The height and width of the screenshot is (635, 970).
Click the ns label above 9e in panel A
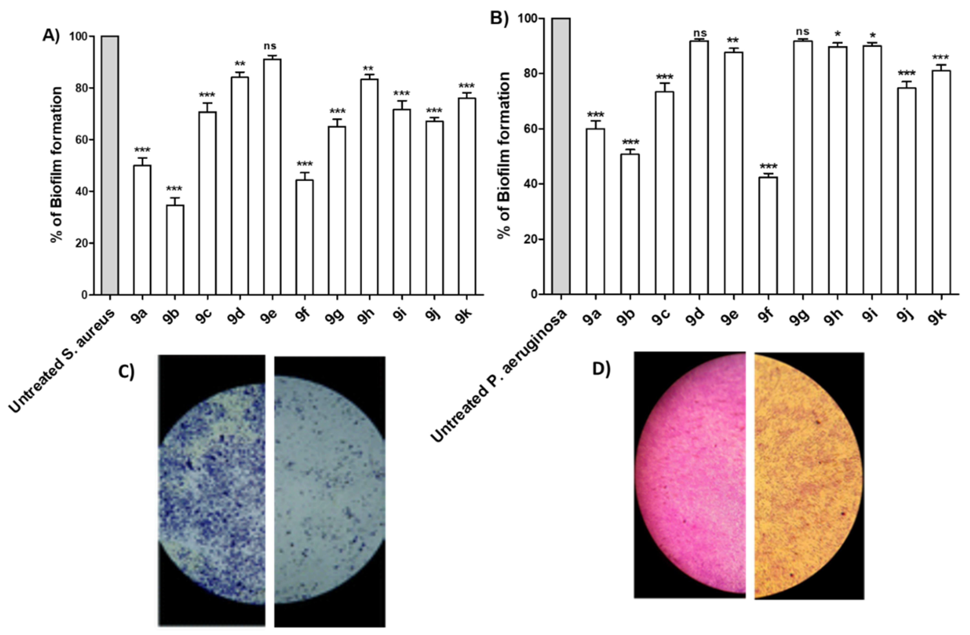[x=270, y=46]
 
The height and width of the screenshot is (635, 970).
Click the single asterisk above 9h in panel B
[x=837, y=34]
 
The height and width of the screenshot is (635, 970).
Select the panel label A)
[x=51, y=36]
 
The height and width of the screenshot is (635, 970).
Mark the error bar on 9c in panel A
[x=207, y=107]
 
